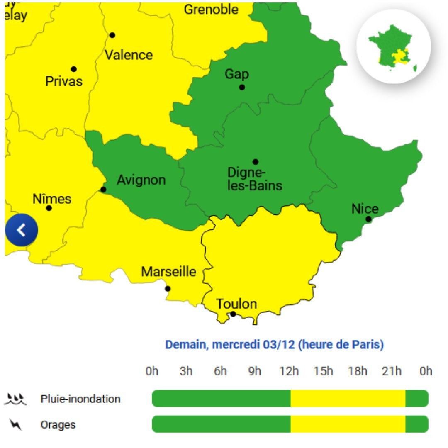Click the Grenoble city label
point(211,10)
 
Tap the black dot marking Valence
point(112,35)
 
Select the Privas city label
point(64,81)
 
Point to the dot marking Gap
point(242,87)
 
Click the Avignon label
point(141,180)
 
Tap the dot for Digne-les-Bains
point(256,162)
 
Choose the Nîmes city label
point(52,199)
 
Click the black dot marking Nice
point(368,219)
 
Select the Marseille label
point(168,272)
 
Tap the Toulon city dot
point(233,314)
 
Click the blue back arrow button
point(22,230)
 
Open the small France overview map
point(393,46)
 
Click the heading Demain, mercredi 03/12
point(274,345)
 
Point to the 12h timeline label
point(289,371)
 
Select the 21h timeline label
point(392,371)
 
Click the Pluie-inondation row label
point(80,399)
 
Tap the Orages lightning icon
point(15,424)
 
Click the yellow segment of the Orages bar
point(348,424)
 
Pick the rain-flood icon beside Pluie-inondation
point(15,399)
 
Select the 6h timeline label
point(220,371)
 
